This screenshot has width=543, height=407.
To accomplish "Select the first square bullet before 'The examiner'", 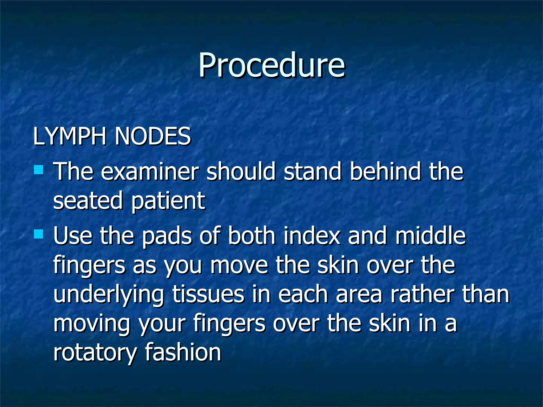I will point(39,170).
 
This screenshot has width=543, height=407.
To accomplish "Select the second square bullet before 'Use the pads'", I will point(39,234).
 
